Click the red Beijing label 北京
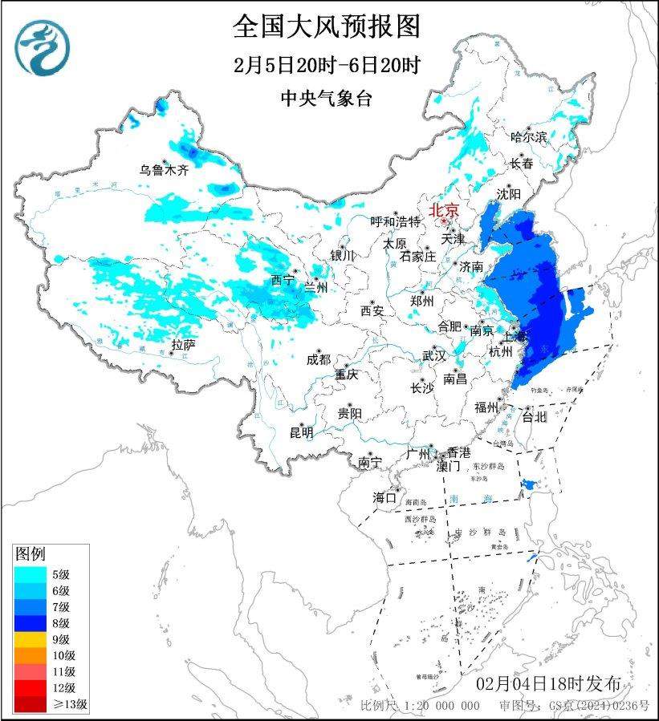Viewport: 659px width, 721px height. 443,210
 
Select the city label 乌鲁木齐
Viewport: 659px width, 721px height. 163,170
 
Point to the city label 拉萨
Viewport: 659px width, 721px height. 182,345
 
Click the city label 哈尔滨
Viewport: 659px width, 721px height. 528,137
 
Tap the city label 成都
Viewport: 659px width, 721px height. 318,360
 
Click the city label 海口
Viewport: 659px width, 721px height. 384,498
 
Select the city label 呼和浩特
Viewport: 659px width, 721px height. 395,221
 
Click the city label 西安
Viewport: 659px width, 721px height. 372,310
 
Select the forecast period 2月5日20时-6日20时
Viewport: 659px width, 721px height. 327,65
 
